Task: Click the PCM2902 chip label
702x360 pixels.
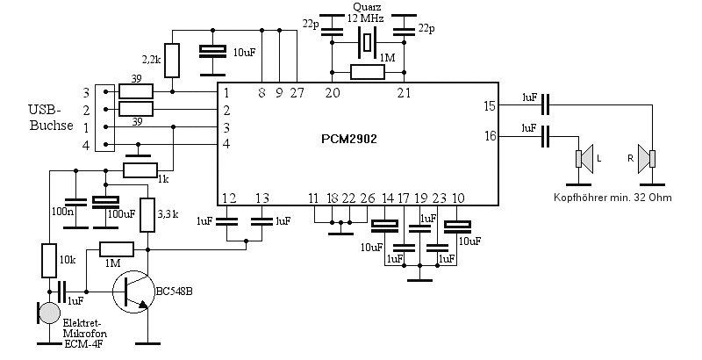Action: pos(349,139)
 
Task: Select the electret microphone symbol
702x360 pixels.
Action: pos(48,313)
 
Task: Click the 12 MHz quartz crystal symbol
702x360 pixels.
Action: pos(368,42)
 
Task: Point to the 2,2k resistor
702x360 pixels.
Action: pos(172,61)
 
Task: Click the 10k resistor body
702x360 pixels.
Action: pos(49,260)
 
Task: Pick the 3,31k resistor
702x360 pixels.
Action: pos(147,215)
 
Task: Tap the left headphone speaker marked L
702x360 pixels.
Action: pos(584,159)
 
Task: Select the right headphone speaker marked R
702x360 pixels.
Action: pos(648,159)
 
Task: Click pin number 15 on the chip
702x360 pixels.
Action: pos(490,106)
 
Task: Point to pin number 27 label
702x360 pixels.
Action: pos(297,93)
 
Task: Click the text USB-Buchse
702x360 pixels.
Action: pos(51,118)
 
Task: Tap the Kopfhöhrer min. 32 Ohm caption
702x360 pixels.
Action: pos(612,198)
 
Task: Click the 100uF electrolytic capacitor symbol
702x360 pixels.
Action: pos(105,202)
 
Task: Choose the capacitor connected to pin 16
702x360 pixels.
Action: pos(545,136)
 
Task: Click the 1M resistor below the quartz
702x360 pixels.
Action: pos(368,72)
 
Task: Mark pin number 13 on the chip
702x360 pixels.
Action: pos(261,198)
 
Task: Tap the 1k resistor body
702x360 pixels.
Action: pos(140,170)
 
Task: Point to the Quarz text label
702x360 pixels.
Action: pos(366,7)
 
